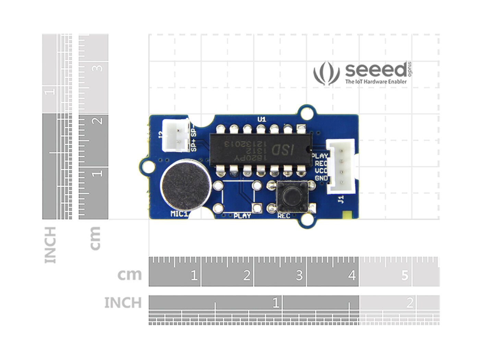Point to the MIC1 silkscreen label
(179, 214)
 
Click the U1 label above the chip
(262, 119)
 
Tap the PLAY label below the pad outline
(242, 216)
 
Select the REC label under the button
(284, 216)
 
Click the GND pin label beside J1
(321, 178)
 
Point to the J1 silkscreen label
(340, 199)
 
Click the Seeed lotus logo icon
(326, 73)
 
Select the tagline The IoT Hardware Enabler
(376, 82)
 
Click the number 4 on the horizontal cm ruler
(352, 275)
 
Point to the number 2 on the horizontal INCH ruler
(409, 303)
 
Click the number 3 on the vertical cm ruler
(98, 68)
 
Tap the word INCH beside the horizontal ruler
(123, 303)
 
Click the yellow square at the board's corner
(347, 215)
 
